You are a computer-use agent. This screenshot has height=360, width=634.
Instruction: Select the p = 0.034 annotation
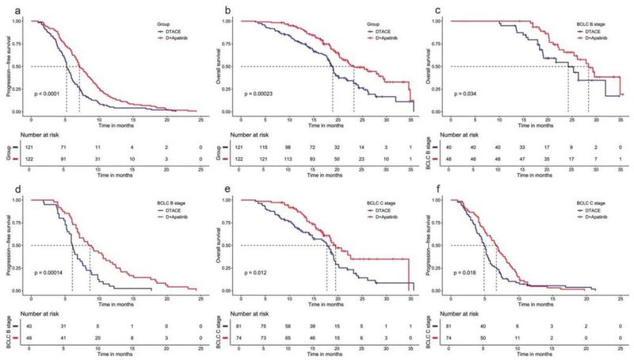(468, 94)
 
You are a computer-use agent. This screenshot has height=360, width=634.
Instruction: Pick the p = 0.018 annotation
(468, 274)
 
